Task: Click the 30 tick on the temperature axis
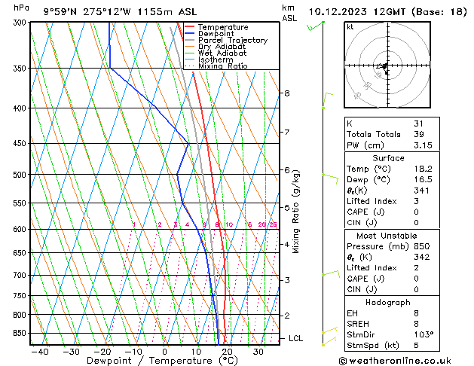tap(258, 351)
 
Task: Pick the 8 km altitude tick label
tap(287, 93)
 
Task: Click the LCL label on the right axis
tap(296, 339)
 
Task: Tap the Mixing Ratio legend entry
tap(222, 66)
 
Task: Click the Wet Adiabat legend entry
tap(222, 53)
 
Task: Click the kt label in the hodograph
tap(350, 27)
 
